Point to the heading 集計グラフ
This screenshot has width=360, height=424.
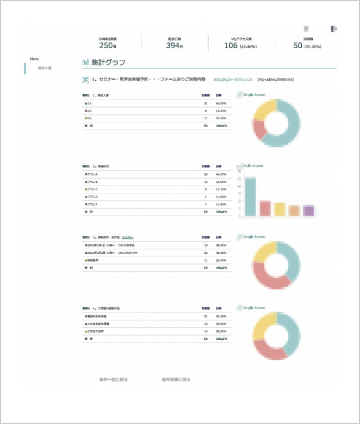click(108, 63)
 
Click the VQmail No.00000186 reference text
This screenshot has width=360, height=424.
click(275, 79)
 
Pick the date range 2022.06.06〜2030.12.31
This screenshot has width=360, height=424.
click(233, 79)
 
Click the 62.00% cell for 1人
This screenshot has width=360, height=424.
click(221, 103)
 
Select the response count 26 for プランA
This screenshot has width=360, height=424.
click(205, 174)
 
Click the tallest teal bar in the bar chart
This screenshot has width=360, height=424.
click(250, 197)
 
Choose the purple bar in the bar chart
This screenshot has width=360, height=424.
click(309, 210)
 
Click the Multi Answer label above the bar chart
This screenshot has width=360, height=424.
click(254, 166)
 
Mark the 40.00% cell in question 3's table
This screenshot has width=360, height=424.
click(221, 253)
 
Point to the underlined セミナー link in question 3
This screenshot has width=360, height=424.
click(128, 237)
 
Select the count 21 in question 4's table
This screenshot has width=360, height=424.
click(205, 316)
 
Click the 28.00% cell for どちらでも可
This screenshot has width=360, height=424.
click(221, 331)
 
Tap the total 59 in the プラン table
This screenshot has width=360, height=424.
click(205, 211)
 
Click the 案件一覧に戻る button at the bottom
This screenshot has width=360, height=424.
click(113, 379)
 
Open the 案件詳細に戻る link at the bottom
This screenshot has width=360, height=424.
click(176, 379)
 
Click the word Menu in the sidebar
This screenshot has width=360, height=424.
click(34, 59)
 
